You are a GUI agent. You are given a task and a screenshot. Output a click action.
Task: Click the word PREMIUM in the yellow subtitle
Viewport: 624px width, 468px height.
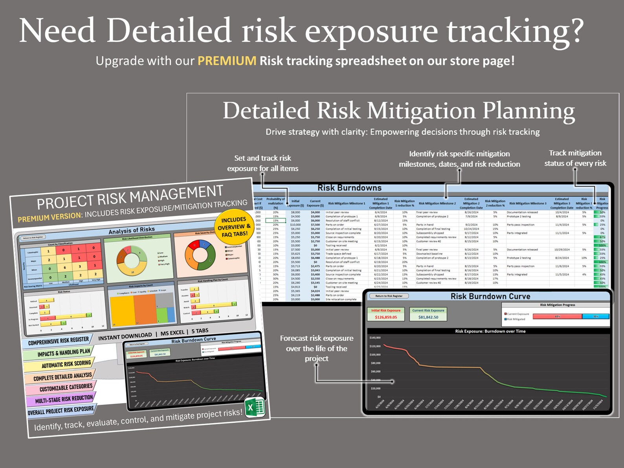click(x=226, y=61)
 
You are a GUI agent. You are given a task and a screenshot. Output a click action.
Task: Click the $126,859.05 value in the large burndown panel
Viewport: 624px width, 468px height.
click(x=385, y=317)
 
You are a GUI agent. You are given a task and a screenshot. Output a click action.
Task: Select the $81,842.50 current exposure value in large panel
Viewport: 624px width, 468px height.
click(x=428, y=317)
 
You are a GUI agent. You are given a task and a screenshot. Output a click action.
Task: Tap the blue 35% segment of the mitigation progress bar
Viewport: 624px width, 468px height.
click(x=595, y=316)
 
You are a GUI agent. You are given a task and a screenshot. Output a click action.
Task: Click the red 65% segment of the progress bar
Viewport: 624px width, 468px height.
click(x=557, y=316)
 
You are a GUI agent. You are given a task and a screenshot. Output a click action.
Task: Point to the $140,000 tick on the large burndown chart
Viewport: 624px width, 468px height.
click(x=375, y=338)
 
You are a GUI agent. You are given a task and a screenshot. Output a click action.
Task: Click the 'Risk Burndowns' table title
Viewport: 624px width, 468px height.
click(x=349, y=188)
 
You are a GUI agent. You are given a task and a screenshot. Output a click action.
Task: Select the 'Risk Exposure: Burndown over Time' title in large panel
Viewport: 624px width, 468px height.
click(x=490, y=331)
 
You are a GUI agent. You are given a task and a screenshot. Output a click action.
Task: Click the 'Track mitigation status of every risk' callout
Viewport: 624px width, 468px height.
click(x=575, y=158)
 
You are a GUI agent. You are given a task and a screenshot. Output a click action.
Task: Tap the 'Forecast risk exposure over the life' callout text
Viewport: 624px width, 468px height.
click(x=316, y=348)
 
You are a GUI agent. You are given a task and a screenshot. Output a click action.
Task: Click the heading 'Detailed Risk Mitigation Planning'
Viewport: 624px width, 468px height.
click(x=398, y=110)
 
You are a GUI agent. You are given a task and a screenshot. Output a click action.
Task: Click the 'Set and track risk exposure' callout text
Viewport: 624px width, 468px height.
click(x=262, y=163)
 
